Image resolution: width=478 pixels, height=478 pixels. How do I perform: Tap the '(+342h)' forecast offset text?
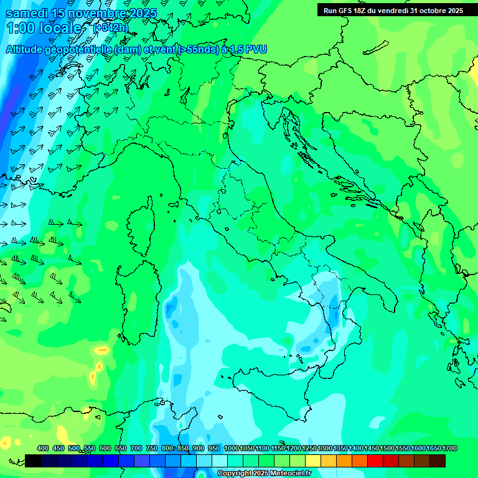pos(110,27)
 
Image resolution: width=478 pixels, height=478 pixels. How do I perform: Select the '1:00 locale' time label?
pos(47,28)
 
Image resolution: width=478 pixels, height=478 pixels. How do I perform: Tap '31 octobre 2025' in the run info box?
pos(436,11)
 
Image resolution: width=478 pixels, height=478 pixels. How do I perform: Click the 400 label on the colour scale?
pos(43,449)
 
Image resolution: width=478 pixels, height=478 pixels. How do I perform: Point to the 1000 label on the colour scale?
pos(231,449)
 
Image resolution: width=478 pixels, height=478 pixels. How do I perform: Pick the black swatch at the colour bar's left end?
pos(33,461)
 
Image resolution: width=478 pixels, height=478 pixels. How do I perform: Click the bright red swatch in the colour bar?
pos(375,461)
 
